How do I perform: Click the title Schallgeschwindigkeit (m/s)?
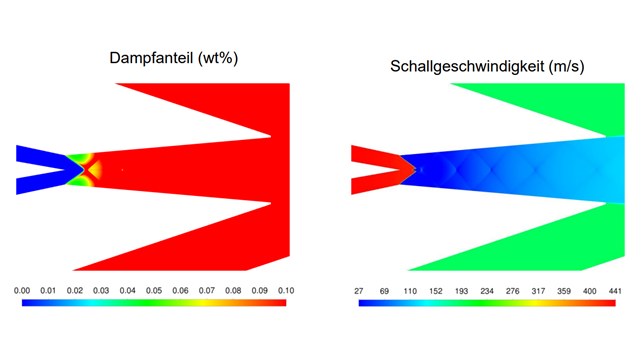pyautogui.click(x=488, y=67)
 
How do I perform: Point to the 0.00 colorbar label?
pyautogui.click(x=22, y=290)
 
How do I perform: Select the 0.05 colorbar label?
pyautogui.click(x=153, y=290)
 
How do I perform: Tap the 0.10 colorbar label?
pyautogui.click(x=285, y=290)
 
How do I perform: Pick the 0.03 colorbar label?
pyautogui.click(x=101, y=290)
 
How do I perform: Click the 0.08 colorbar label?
pyautogui.click(x=232, y=290)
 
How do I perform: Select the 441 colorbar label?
pyautogui.click(x=614, y=290)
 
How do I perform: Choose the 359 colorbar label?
pyautogui.click(x=563, y=290)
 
